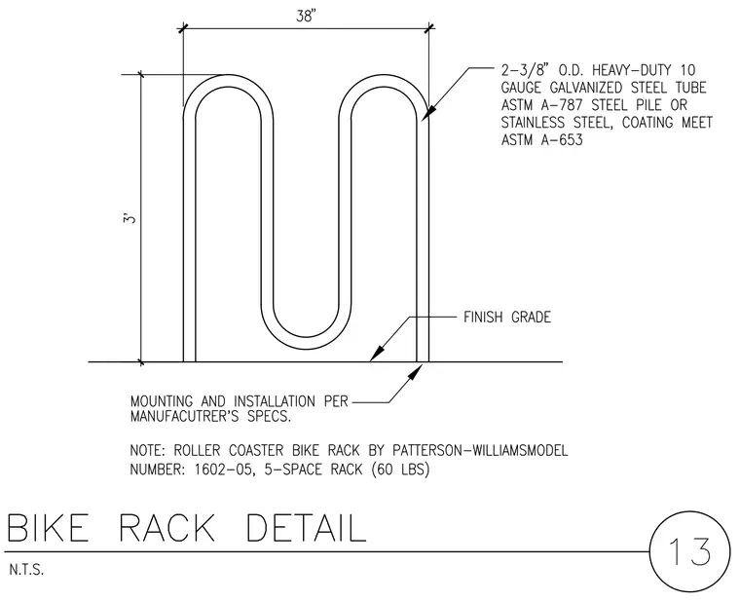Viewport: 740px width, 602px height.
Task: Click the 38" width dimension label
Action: tap(306, 17)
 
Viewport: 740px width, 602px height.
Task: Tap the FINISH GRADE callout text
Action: tap(507, 317)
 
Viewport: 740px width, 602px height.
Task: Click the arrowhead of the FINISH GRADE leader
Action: tap(376, 354)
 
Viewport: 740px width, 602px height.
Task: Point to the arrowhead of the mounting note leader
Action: tap(413, 371)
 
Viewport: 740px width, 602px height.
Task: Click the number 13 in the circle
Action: tap(689, 551)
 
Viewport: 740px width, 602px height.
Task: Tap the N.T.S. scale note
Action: tap(26, 570)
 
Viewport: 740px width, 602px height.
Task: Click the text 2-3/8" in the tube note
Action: tap(526, 70)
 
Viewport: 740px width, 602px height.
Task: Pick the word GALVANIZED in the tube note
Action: tap(585, 88)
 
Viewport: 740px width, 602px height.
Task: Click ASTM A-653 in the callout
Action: tap(541, 140)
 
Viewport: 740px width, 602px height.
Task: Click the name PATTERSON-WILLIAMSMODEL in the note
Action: tap(480, 450)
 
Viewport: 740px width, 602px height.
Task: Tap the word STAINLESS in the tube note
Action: tap(533, 123)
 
